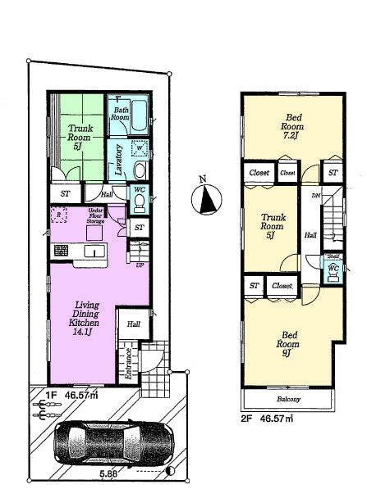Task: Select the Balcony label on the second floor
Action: (x=287, y=399)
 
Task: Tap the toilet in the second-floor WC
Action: (x=333, y=273)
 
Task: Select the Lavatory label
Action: (x=119, y=161)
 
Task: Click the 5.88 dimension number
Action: (x=108, y=474)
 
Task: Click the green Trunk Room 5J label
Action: (x=80, y=135)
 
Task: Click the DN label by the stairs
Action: (x=314, y=196)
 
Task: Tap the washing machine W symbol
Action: (x=139, y=148)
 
